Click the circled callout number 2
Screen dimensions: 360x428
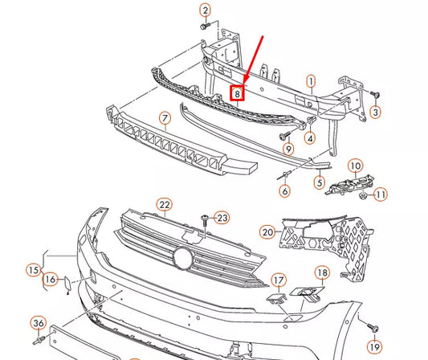click(206, 10)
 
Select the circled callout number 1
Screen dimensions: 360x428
click(312, 80)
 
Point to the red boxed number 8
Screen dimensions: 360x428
click(238, 93)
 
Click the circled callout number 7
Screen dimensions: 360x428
click(165, 120)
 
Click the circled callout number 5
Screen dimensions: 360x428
click(319, 183)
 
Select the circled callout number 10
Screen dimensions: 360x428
click(355, 166)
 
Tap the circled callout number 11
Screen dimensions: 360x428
click(381, 194)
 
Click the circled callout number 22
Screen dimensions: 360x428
click(165, 205)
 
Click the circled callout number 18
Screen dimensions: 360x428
click(321, 273)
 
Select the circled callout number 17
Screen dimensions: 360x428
click(278, 280)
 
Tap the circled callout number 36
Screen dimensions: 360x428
click(38, 323)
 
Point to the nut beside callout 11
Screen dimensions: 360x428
click(363, 194)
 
